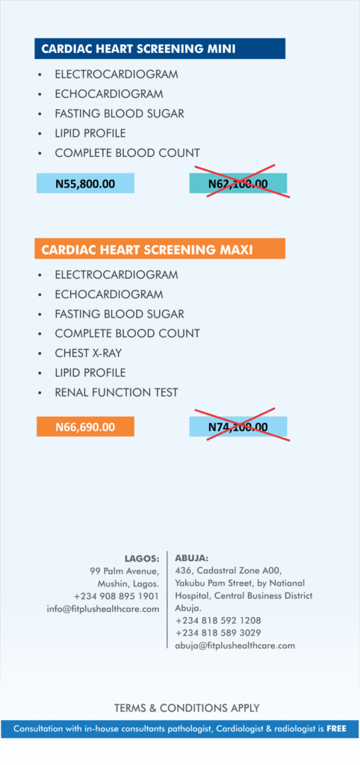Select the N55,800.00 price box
click(85, 183)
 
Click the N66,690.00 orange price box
click(85, 427)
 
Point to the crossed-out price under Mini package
click(238, 183)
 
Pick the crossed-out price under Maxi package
click(238, 427)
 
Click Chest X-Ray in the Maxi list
click(89, 353)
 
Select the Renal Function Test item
click(116, 392)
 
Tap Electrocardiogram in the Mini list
click(116, 75)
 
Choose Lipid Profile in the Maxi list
click(90, 372)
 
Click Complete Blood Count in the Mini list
click(127, 152)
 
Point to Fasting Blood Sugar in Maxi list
click(119, 314)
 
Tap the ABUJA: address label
click(192, 558)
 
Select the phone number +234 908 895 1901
click(116, 596)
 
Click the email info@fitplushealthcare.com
click(103, 609)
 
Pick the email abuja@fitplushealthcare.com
click(235, 645)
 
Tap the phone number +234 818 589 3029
click(218, 633)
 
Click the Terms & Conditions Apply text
click(187, 707)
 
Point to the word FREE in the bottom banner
click(336, 728)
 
